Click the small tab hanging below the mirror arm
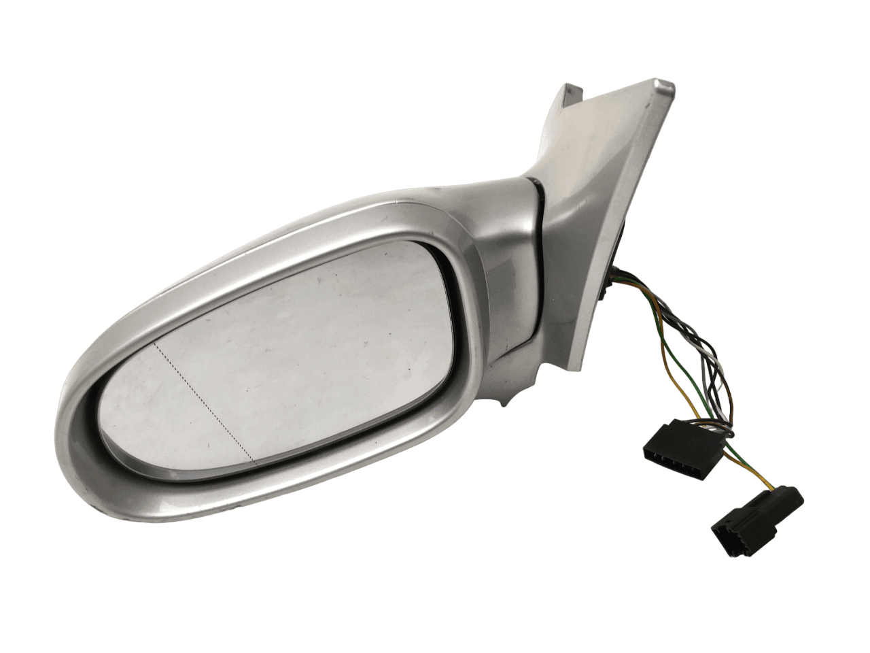504,405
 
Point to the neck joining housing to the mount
503,204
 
